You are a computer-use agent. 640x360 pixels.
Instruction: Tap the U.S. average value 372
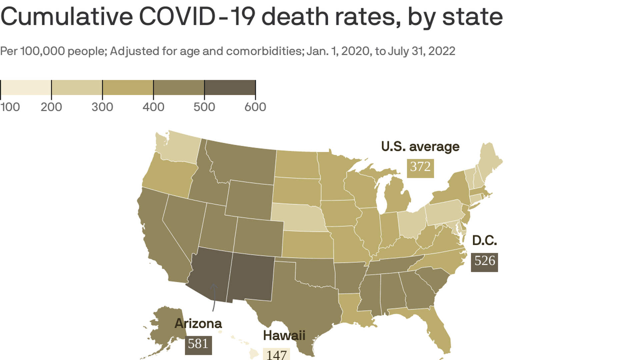(420, 167)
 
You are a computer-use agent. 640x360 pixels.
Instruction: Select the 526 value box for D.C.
(484, 261)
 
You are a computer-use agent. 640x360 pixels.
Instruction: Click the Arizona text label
(198, 324)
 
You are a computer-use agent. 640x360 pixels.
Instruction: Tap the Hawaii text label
(284, 335)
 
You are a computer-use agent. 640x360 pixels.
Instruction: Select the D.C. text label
(484, 240)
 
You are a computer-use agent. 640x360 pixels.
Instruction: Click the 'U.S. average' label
(420, 147)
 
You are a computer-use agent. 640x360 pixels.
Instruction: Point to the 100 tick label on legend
(10, 107)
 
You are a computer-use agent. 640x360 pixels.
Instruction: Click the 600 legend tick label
(255, 107)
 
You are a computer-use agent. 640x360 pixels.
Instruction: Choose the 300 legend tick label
(102, 107)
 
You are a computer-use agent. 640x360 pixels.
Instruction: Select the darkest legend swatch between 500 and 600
(230, 87)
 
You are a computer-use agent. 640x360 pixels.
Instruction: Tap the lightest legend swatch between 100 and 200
(26, 87)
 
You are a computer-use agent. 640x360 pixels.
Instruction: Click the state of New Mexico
(251, 277)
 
